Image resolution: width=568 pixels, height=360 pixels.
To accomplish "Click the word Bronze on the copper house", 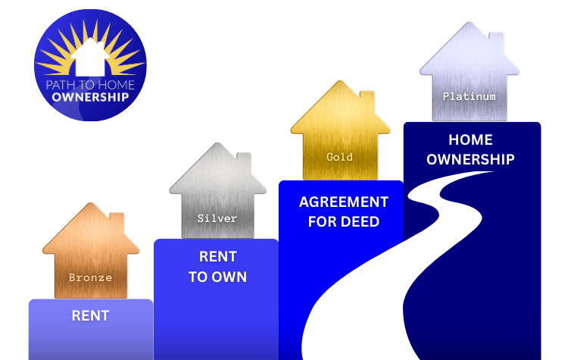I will click(90, 277).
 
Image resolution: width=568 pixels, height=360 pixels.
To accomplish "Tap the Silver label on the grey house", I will click(217, 218).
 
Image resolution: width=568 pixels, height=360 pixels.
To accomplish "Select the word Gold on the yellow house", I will click(340, 157).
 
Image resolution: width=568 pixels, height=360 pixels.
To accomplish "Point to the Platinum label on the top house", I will click(470, 96).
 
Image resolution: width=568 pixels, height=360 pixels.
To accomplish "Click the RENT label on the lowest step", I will click(90, 315).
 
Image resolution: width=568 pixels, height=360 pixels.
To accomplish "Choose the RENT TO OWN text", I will click(217, 267).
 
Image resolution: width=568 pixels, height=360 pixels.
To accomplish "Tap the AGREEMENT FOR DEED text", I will click(344, 212).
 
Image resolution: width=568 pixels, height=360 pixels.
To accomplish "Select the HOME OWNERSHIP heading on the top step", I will click(470, 149).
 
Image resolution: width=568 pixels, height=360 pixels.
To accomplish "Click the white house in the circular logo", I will click(91, 54).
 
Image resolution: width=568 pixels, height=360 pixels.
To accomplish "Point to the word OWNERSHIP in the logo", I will click(91, 97).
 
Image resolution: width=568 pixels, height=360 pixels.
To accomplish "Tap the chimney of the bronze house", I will click(117, 222).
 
